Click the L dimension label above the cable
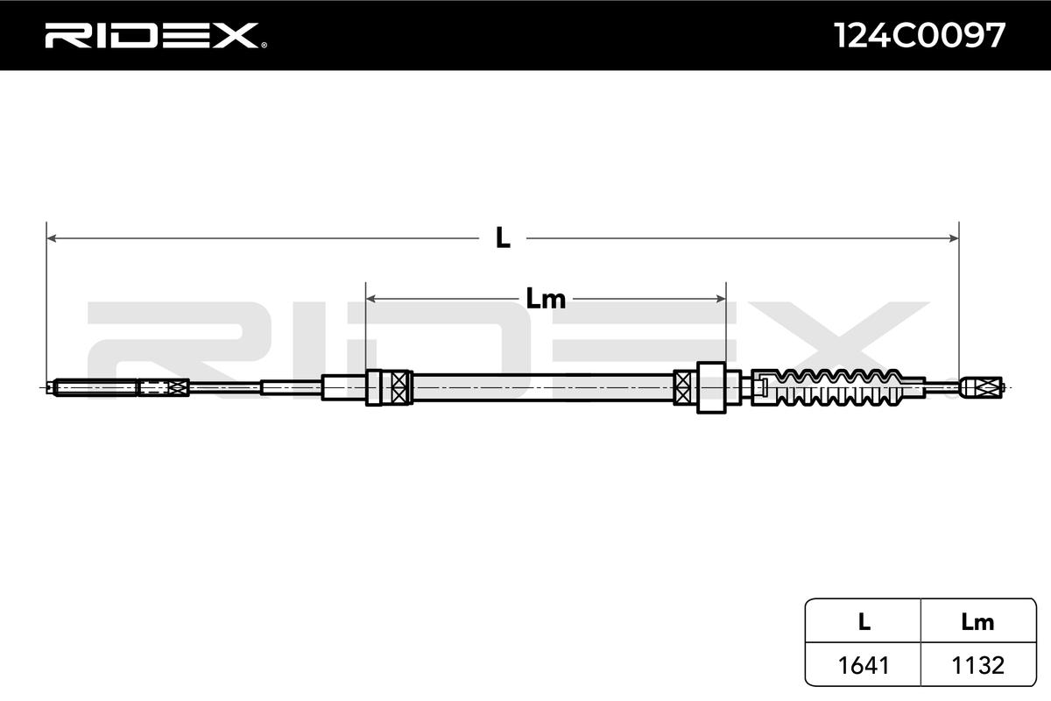[503, 237]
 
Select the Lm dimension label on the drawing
[546, 299]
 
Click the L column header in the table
[864, 622]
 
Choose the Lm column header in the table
[977, 622]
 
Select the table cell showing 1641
[864, 665]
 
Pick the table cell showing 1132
[977, 665]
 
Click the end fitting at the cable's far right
[982, 386]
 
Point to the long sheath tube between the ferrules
[543, 386]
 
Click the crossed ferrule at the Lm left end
[400, 386]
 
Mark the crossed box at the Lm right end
[685, 386]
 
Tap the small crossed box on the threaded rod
[178, 386]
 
